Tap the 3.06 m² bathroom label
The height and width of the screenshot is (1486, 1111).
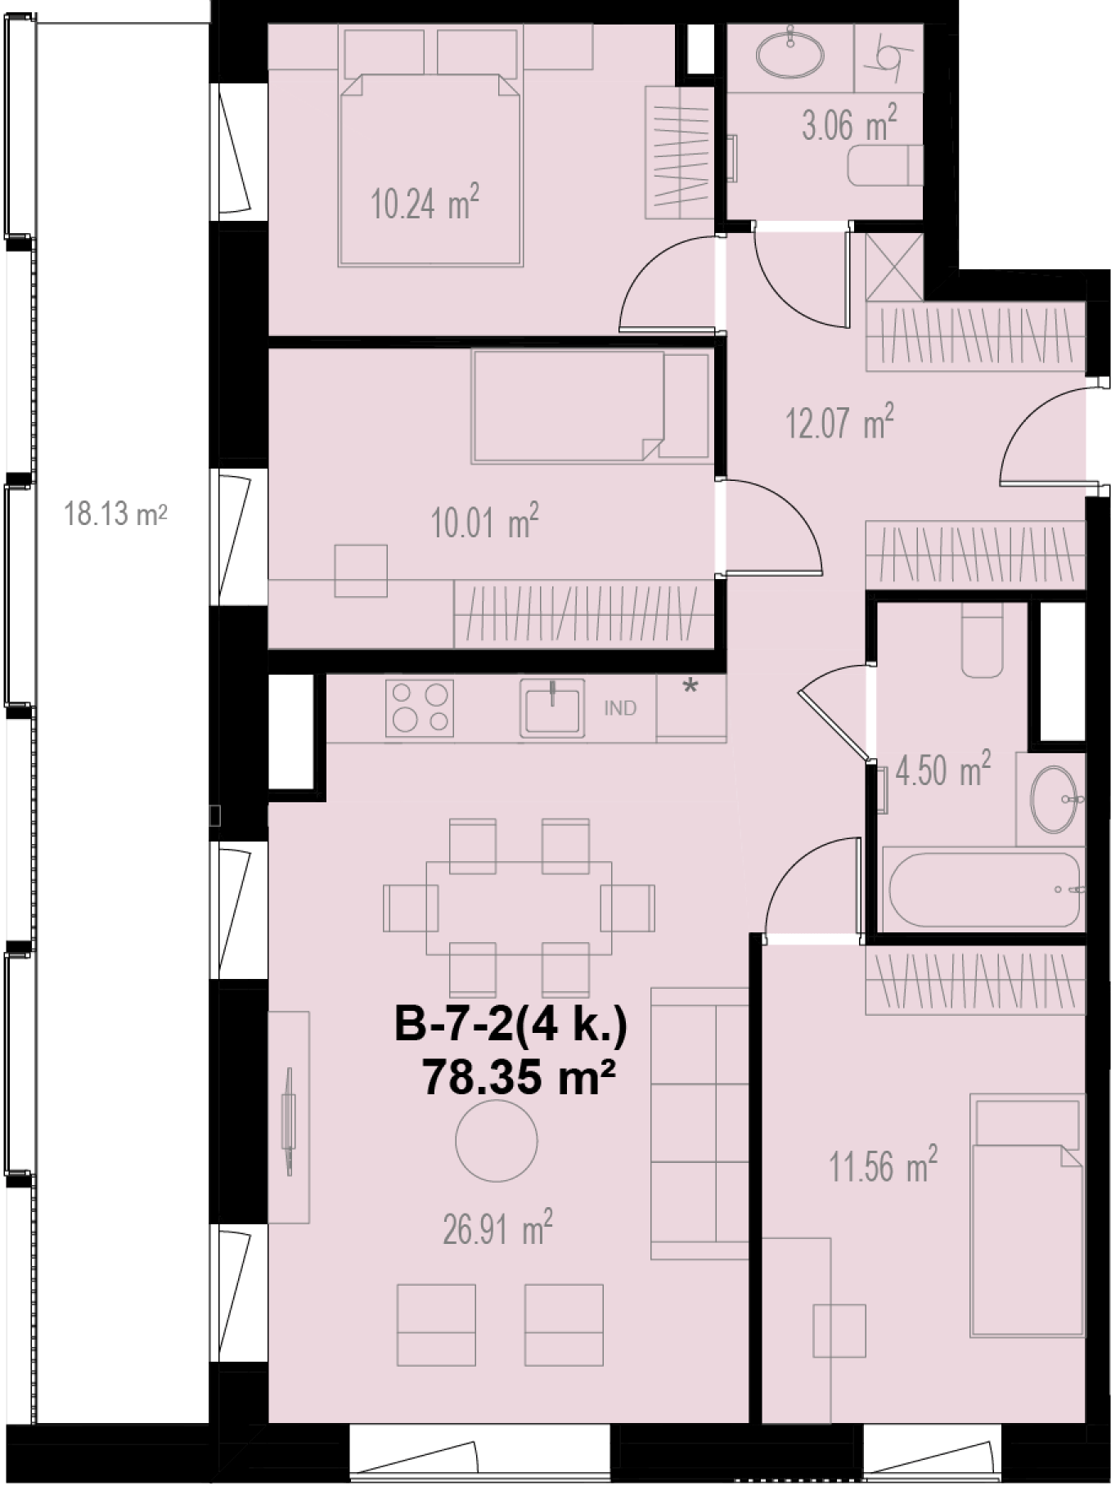pos(849,123)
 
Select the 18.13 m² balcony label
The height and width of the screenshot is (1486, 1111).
pos(115,514)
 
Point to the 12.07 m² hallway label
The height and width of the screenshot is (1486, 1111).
pos(839,422)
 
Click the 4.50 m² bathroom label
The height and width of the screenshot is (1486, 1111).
pos(942,770)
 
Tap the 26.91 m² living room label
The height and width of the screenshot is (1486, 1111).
pos(497,1228)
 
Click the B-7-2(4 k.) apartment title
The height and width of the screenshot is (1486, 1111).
pos(511,1026)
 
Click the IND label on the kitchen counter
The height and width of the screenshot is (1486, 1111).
pos(620,708)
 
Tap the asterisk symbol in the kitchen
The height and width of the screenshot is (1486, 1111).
pos(690,688)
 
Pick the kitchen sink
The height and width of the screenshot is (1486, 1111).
pos(552,708)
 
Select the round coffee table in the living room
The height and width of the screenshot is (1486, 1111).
pos(497,1140)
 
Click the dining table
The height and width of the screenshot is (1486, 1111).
pos(519,908)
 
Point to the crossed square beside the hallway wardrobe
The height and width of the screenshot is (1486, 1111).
pos(894,267)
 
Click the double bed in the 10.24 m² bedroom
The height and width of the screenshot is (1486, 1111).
pos(430,169)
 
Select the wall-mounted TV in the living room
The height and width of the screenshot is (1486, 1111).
pos(288,1120)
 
